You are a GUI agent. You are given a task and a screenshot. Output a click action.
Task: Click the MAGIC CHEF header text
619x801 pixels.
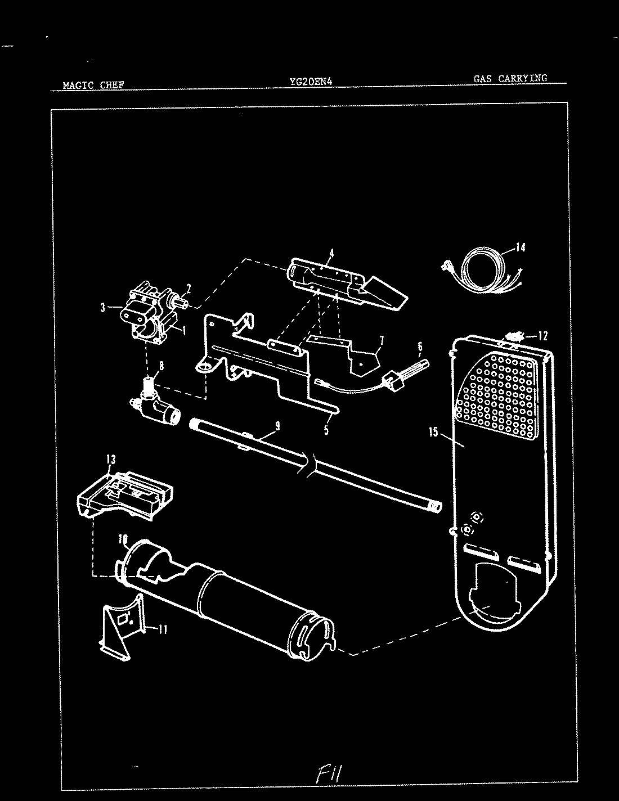[93, 85]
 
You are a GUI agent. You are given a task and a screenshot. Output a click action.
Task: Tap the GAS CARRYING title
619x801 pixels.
[510, 79]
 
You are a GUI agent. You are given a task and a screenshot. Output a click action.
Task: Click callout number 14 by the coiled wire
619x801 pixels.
[521, 247]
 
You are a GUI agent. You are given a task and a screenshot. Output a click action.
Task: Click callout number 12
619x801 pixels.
[542, 336]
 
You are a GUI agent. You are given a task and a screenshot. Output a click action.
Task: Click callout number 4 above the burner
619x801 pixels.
[331, 253]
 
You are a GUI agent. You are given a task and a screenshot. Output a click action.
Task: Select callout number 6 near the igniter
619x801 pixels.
[420, 346]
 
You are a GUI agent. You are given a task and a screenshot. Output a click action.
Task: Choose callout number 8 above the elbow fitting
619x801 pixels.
[162, 365]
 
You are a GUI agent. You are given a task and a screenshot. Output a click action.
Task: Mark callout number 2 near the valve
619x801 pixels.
[189, 289]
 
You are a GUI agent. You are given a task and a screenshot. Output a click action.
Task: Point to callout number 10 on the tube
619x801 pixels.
[122, 538]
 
